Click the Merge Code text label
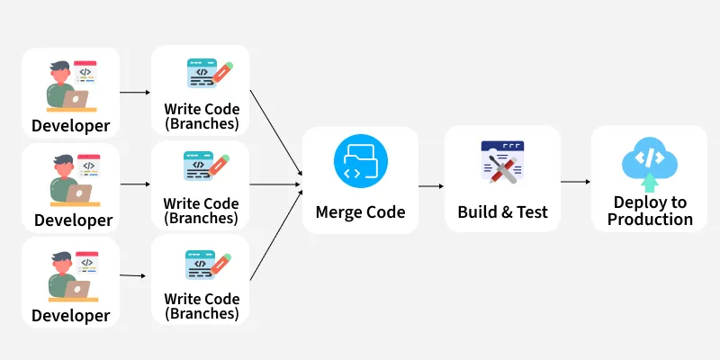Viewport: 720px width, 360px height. (x=360, y=212)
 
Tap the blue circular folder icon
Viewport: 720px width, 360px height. (x=360, y=162)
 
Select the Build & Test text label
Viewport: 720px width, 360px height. (x=502, y=212)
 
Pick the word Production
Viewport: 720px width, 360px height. (x=650, y=219)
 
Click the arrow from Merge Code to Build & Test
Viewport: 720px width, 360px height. (x=432, y=186)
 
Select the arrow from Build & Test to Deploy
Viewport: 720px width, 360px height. (x=576, y=182)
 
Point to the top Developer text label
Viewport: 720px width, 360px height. (x=70, y=125)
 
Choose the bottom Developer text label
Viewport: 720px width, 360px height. (x=70, y=315)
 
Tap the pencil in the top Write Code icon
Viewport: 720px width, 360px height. (x=222, y=71)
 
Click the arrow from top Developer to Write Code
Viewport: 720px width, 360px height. (x=135, y=92)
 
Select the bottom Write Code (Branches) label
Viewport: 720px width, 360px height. (x=201, y=306)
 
